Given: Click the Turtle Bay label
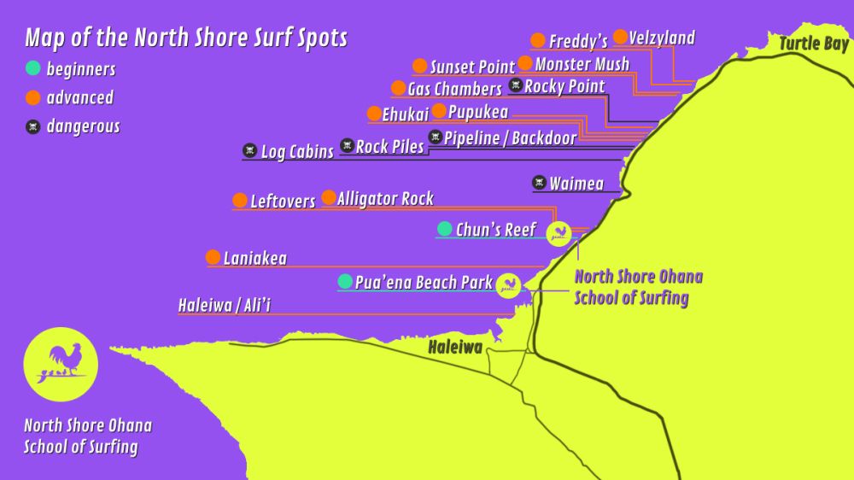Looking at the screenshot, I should pyautogui.click(x=813, y=44).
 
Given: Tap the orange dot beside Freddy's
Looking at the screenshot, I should pyautogui.click(x=538, y=40).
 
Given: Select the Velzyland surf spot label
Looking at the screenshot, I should pyautogui.click(x=662, y=38).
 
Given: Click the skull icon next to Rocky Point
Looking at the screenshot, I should pyautogui.click(x=516, y=85).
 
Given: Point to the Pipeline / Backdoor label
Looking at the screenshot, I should pyautogui.click(x=510, y=138).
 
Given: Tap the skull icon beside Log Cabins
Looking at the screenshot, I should pyautogui.click(x=249, y=150).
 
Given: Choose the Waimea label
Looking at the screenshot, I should pyautogui.click(x=576, y=183).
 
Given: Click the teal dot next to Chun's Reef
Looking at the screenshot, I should pyautogui.click(x=444, y=229).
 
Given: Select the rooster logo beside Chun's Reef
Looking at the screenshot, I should pyautogui.click(x=559, y=232).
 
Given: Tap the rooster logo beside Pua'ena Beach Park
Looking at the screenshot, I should pyautogui.click(x=508, y=285).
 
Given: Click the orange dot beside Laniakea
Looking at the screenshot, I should pyautogui.click(x=213, y=257).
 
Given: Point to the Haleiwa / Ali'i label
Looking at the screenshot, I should pyautogui.click(x=225, y=306).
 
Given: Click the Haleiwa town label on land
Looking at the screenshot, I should pyautogui.click(x=455, y=346).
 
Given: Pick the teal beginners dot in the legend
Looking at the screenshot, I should pyautogui.click(x=32, y=68).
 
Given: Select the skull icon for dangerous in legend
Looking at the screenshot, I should pyautogui.click(x=32, y=127).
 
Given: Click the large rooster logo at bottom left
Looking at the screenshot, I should pyautogui.click(x=61, y=365).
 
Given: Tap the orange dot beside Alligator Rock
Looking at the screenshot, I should pyautogui.click(x=329, y=198).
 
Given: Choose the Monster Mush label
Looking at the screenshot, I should pyautogui.click(x=582, y=64).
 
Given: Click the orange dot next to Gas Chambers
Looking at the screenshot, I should pyautogui.click(x=398, y=88).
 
